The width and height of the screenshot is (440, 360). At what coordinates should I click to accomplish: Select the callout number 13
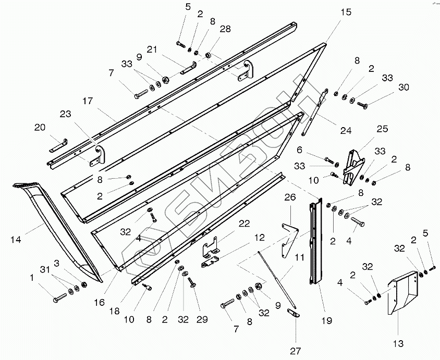pyautogui.click(x=398, y=344)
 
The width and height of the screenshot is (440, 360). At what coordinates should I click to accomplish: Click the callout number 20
pyautogui.click(x=39, y=127)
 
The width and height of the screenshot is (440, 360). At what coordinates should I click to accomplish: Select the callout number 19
pyautogui.click(x=326, y=321)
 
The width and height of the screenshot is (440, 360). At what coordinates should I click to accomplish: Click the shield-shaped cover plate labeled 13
pyautogui.click(x=403, y=294)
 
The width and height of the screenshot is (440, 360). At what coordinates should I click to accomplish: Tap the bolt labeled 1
pyautogui.click(x=58, y=299)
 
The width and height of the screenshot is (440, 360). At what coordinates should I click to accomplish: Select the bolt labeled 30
pyautogui.click(x=363, y=106)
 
